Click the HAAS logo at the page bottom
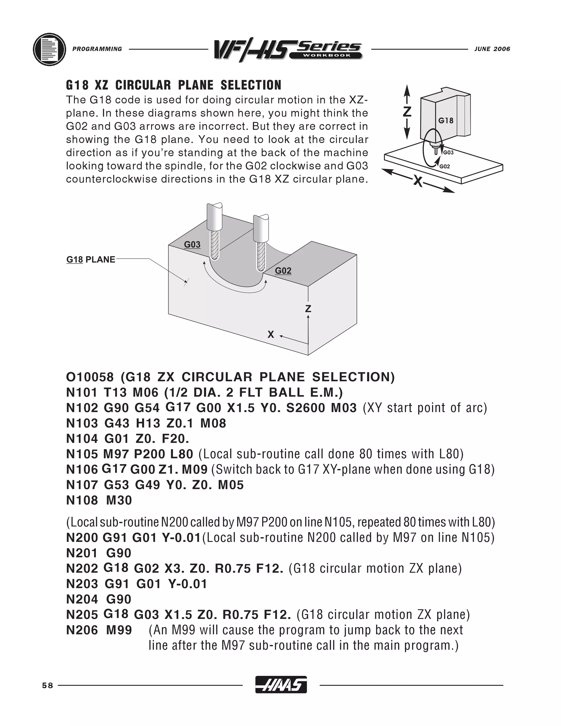click(x=281, y=685)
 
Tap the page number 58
click(x=47, y=685)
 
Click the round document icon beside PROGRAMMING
click(x=50, y=49)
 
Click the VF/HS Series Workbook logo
click(x=288, y=50)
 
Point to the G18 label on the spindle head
click(x=446, y=121)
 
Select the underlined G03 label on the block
click(x=192, y=245)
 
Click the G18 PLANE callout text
click(x=91, y=260)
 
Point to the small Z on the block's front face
click(x=308, y=309)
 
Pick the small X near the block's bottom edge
click(x=271, y=335)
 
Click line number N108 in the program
click(x=82, y=500)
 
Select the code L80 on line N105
click(x=181, y=454)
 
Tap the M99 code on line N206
click(x=119, y=630)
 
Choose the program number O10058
click(x=90, y=377)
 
